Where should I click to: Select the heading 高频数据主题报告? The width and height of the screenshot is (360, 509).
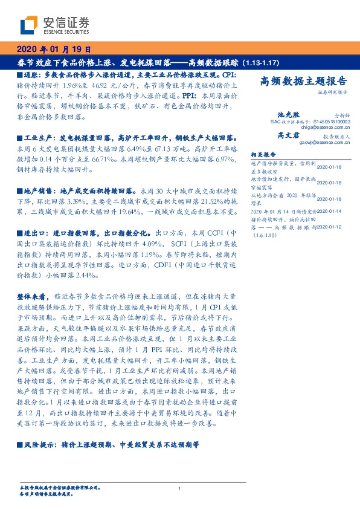303,82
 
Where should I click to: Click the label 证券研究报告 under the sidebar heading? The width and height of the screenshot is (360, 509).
332,92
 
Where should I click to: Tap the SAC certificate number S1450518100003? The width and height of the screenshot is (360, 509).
327,121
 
